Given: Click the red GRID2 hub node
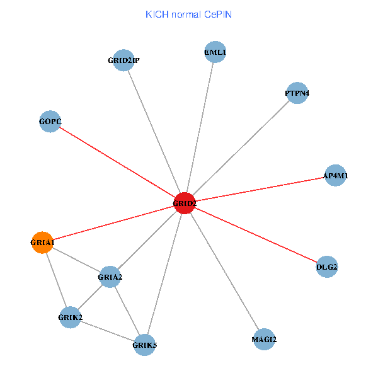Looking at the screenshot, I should [185, 203].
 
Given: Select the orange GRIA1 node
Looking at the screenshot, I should [42, 242].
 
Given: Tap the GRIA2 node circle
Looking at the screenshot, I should [110, 277].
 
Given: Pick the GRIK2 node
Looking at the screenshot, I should [70, 317].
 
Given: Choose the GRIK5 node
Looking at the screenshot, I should [144, 344].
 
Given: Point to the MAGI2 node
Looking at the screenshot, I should [264, 340].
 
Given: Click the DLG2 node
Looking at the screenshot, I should [326, 267].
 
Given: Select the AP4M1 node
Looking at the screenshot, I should [335, 176].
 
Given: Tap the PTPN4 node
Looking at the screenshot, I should [297, 93].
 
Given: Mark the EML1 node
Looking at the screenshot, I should [215, 52].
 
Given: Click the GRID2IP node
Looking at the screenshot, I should [123, 60].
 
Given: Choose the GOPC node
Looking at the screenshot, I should [50, 122].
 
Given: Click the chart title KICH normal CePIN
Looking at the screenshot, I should [189, 14].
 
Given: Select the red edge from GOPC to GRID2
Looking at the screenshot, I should [117, 163].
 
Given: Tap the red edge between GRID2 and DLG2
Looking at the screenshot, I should [255, 235].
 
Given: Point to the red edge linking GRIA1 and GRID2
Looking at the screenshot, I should [113, 222].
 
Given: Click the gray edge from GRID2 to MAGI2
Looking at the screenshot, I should [224, 271].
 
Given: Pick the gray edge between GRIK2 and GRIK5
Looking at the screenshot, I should [107, 331].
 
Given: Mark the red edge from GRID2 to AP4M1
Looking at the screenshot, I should [260, 190].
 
